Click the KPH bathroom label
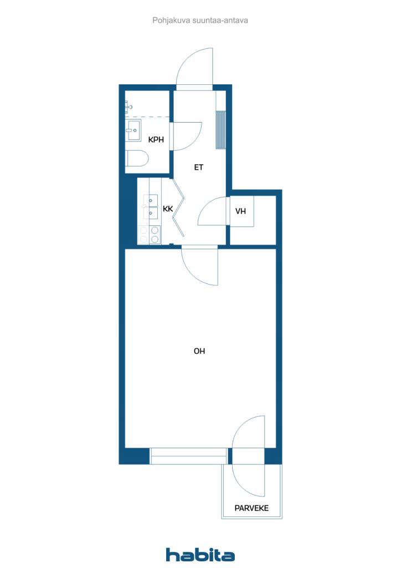coord(156,139)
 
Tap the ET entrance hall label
coord(198,168)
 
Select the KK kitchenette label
coord(168,209)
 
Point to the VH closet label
coord(240,211)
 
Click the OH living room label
coord(199,351)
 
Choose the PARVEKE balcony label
coord(251,508)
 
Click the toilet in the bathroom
coord(137,158)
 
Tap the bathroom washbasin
coord(133,130)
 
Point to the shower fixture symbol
coord(128,107)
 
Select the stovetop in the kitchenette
coord(150,235)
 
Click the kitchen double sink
coord(151,207)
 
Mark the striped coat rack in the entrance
coord(220,130)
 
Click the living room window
coord(188,456)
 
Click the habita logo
coord(200,555)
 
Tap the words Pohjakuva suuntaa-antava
coord(200,21)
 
